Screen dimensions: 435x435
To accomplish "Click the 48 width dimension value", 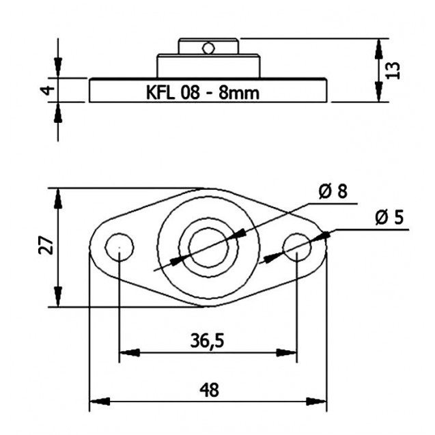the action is click(209, 390).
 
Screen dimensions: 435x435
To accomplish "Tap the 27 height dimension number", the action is click(46, 245).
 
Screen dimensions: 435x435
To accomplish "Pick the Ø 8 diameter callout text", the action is click(333, 191).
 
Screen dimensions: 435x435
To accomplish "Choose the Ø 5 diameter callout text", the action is click(389, 217).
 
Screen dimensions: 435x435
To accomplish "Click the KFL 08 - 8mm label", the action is click(203, 93).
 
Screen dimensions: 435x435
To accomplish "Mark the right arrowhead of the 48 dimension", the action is click(317, 401).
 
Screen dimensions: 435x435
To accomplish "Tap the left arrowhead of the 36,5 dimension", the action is click(129, 353).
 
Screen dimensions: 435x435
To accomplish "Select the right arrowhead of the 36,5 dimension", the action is click(287, 353).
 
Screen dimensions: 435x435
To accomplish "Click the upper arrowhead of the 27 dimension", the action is click(57, 199).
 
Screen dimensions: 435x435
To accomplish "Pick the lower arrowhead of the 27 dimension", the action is click(57, 296).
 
